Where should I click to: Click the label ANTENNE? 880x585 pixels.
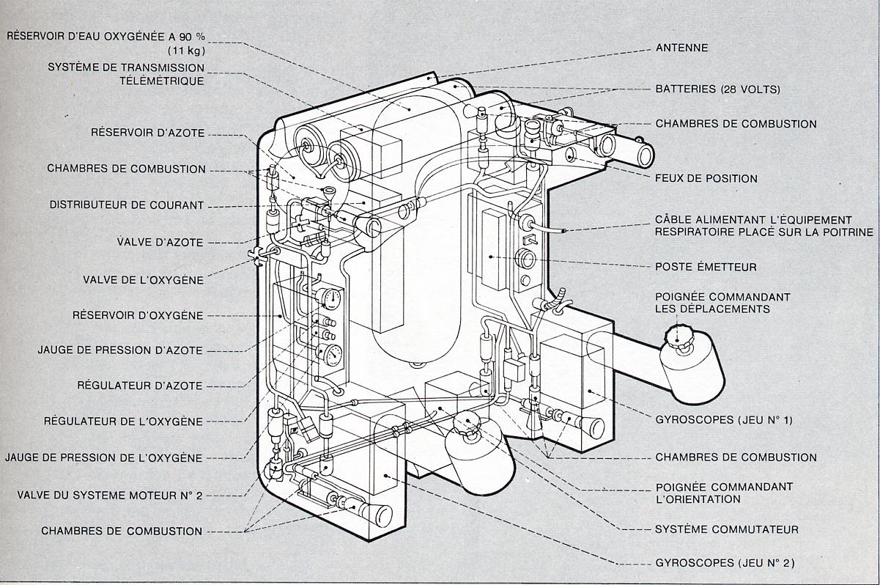[681, 48]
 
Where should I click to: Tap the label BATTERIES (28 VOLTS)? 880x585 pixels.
[717, 89]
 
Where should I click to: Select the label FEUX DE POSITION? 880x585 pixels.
[706, 178]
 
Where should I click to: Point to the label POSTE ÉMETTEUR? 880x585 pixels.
[706, 267]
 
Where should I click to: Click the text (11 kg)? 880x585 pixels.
[182, 50]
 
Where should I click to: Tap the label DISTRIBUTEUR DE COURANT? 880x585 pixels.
[127, 205]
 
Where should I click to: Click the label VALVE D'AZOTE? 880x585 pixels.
[160, 241]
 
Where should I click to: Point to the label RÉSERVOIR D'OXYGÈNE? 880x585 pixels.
[138, 315]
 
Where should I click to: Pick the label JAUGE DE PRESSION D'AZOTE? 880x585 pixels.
[120, 350]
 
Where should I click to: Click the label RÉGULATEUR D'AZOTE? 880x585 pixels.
[140, 385]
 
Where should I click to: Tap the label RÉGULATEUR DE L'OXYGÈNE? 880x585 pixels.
[123, 421]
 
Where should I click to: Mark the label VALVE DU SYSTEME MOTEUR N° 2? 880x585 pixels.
[110, 495]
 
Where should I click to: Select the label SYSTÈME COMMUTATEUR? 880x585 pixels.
[727, 529]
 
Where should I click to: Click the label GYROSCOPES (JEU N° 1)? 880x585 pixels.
[724, 420]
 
